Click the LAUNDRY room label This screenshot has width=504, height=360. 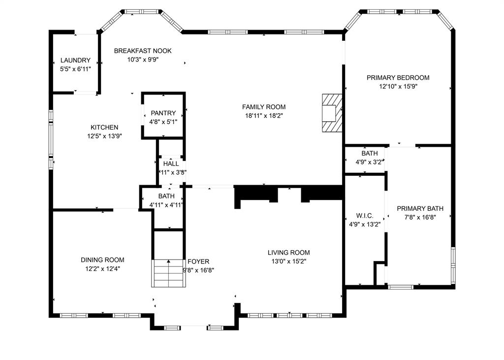[75, 60]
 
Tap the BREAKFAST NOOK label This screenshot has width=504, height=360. [143, 51]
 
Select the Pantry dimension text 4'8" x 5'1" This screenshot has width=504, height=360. [163, 122]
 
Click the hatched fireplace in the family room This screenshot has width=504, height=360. [332, 113]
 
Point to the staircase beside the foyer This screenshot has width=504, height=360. [169, 273]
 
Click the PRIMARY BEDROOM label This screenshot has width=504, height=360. [398, 77]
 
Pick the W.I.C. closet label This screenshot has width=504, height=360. [365, 216]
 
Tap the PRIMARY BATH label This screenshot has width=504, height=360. [420, 208]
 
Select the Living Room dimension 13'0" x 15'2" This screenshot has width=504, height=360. [288, 261]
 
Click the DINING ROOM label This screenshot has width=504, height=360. [102, 260]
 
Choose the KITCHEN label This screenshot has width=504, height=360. [104, 128]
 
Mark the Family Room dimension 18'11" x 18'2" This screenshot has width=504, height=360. [264, 116]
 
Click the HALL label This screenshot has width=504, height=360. [171, 164]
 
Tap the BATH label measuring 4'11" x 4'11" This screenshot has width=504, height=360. [166, 196]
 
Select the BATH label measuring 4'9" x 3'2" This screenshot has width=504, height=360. [370, 154]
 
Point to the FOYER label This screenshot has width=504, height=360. [198, 262]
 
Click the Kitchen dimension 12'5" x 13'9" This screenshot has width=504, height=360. [104, 136]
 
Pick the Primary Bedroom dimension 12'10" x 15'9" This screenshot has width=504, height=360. [398, 86]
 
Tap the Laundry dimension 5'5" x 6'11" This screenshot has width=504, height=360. [75, 69]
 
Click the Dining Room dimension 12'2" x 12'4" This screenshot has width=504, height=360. [102, 268]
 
